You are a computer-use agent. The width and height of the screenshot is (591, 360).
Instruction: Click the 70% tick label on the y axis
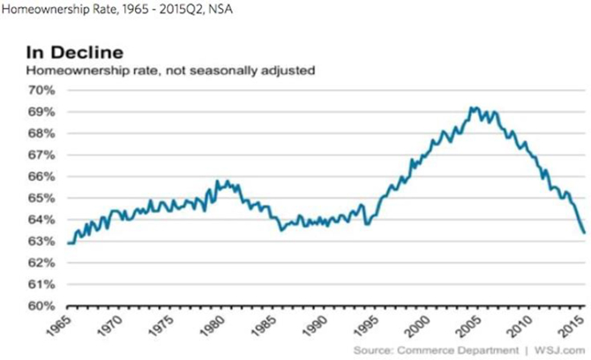(x=41, y=90)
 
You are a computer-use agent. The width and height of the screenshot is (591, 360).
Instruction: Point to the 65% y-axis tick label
(x=41, y=198)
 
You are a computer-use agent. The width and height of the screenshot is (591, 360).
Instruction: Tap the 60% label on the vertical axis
(x=41, y=306)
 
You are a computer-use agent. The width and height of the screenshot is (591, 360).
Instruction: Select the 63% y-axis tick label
(x=41, y=241)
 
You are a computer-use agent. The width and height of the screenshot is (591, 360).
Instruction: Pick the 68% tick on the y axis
(x=41, y=133)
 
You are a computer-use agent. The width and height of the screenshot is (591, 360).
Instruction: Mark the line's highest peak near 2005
(x=473, y=108)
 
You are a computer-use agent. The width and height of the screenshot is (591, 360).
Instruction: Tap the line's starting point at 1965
(x=69, y=243)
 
